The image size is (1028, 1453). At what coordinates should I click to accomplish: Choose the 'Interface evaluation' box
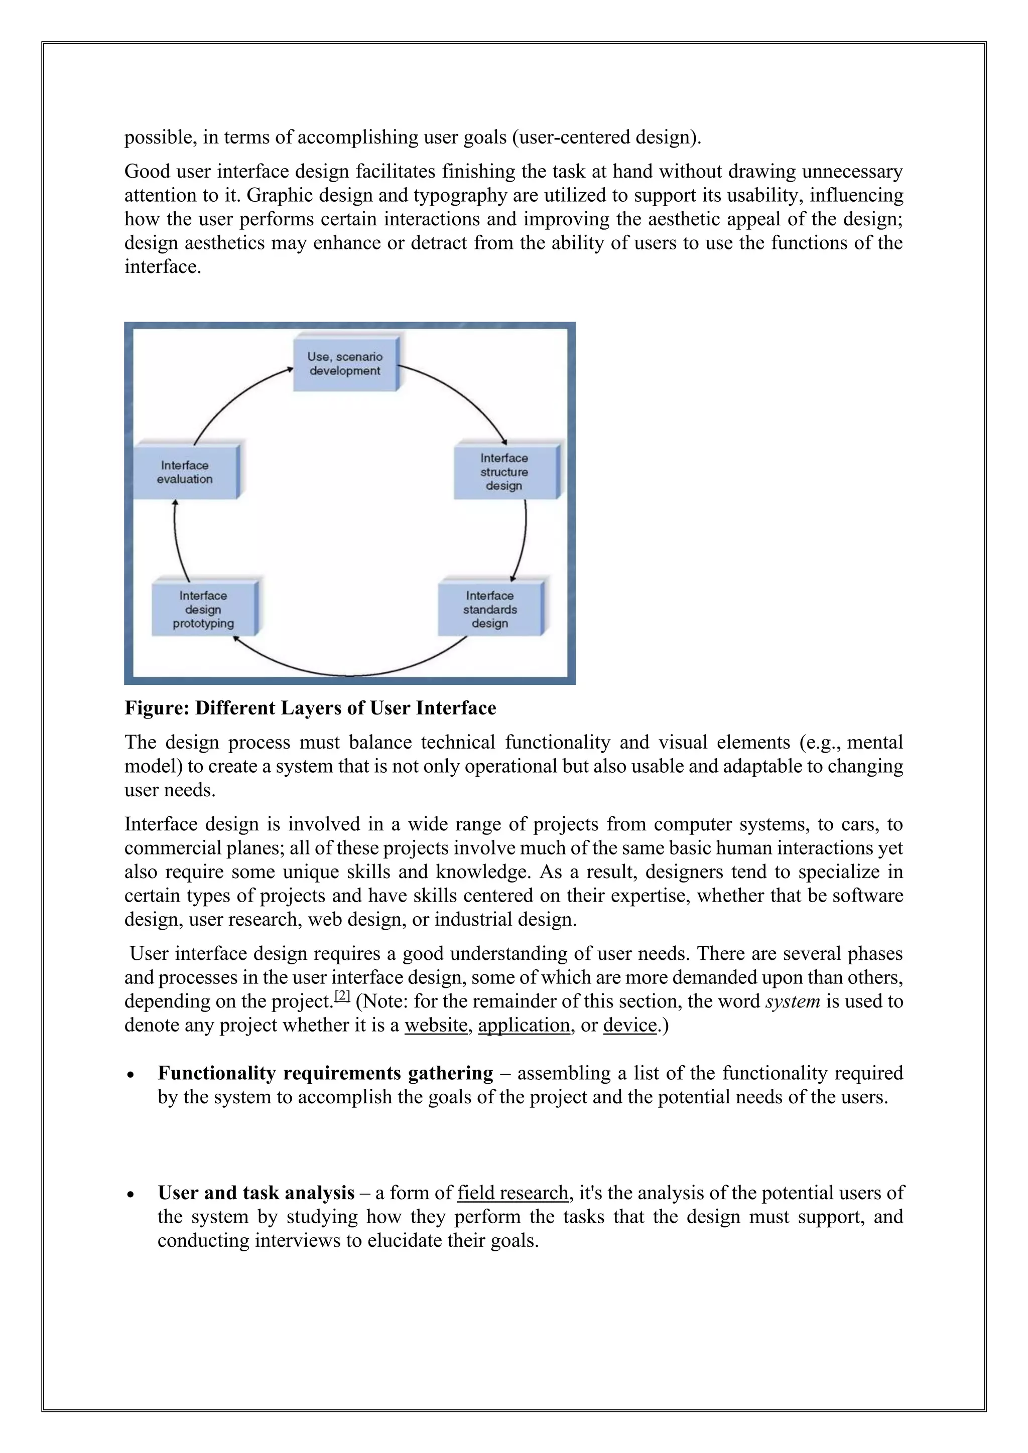[185, 472]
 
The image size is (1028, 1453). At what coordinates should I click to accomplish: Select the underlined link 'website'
[436, 1025]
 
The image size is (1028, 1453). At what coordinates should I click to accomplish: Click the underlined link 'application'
[524, 1025]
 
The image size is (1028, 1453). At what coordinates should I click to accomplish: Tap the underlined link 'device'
[630, 1025]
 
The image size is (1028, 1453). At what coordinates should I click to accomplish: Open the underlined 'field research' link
[512, 1193]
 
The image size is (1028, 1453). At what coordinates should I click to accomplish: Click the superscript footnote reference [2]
[342, 995]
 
